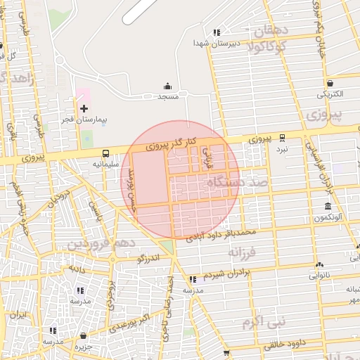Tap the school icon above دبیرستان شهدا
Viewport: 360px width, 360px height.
point(217,32)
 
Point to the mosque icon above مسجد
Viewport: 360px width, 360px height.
point(167,85)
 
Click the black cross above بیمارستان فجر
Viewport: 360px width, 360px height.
point(84,108)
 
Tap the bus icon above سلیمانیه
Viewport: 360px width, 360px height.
point(105,153)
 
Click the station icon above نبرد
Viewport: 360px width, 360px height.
point(282,138)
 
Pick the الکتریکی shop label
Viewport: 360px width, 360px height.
point(330,94)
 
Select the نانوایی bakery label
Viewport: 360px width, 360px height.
point(323,276)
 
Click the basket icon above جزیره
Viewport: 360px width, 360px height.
point(84,336)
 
